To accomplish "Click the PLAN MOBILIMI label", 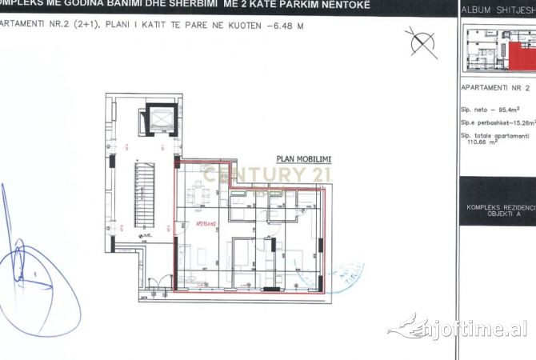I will coord(303,159).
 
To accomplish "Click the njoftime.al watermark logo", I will coord(460,328).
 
